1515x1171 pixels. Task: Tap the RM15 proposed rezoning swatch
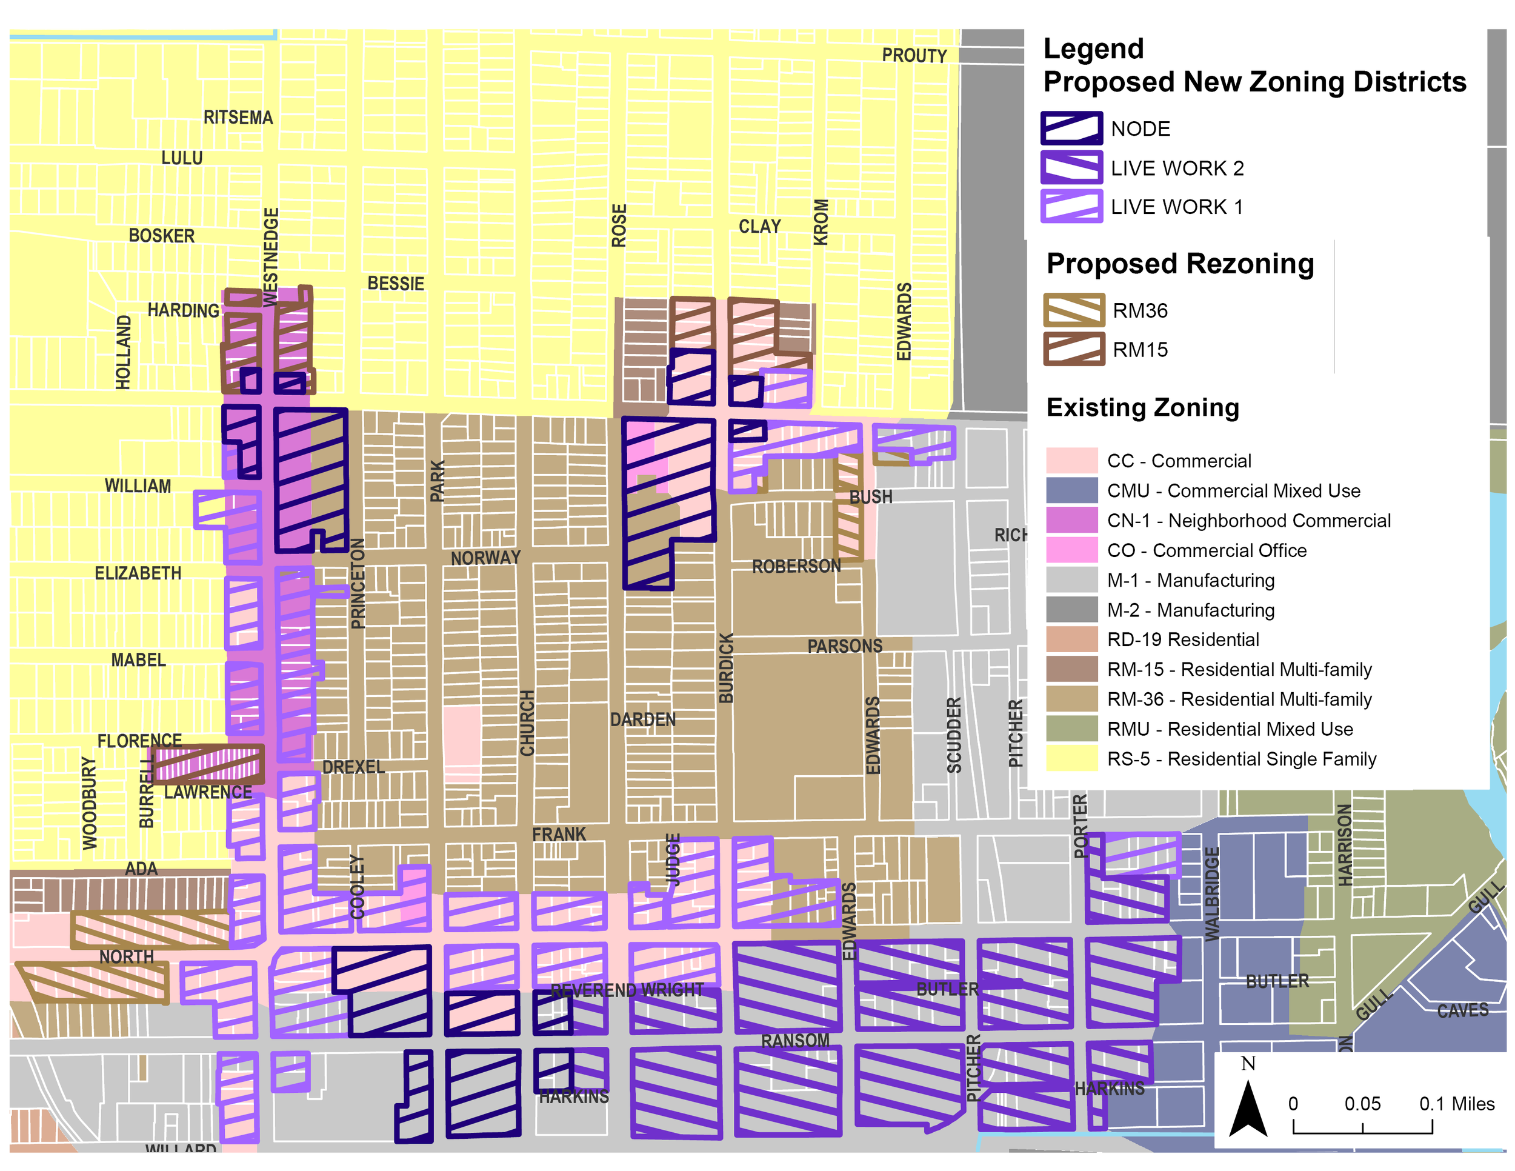click(1073, 349)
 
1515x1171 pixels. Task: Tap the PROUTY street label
click(914, 56)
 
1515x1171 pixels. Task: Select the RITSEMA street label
click(238, 117)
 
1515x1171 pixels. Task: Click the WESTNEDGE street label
click(271, 256)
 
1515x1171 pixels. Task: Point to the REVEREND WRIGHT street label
click(627, 990)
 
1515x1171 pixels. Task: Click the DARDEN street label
click(642, 719)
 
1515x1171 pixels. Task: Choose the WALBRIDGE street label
click(1211, 894)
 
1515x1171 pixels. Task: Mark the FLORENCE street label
click(139, 741)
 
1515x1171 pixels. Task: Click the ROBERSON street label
click(796, 566)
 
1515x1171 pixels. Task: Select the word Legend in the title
click(1093, 48)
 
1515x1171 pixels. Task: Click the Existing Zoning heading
click(1142, 407)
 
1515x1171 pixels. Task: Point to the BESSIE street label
click(395, 283)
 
